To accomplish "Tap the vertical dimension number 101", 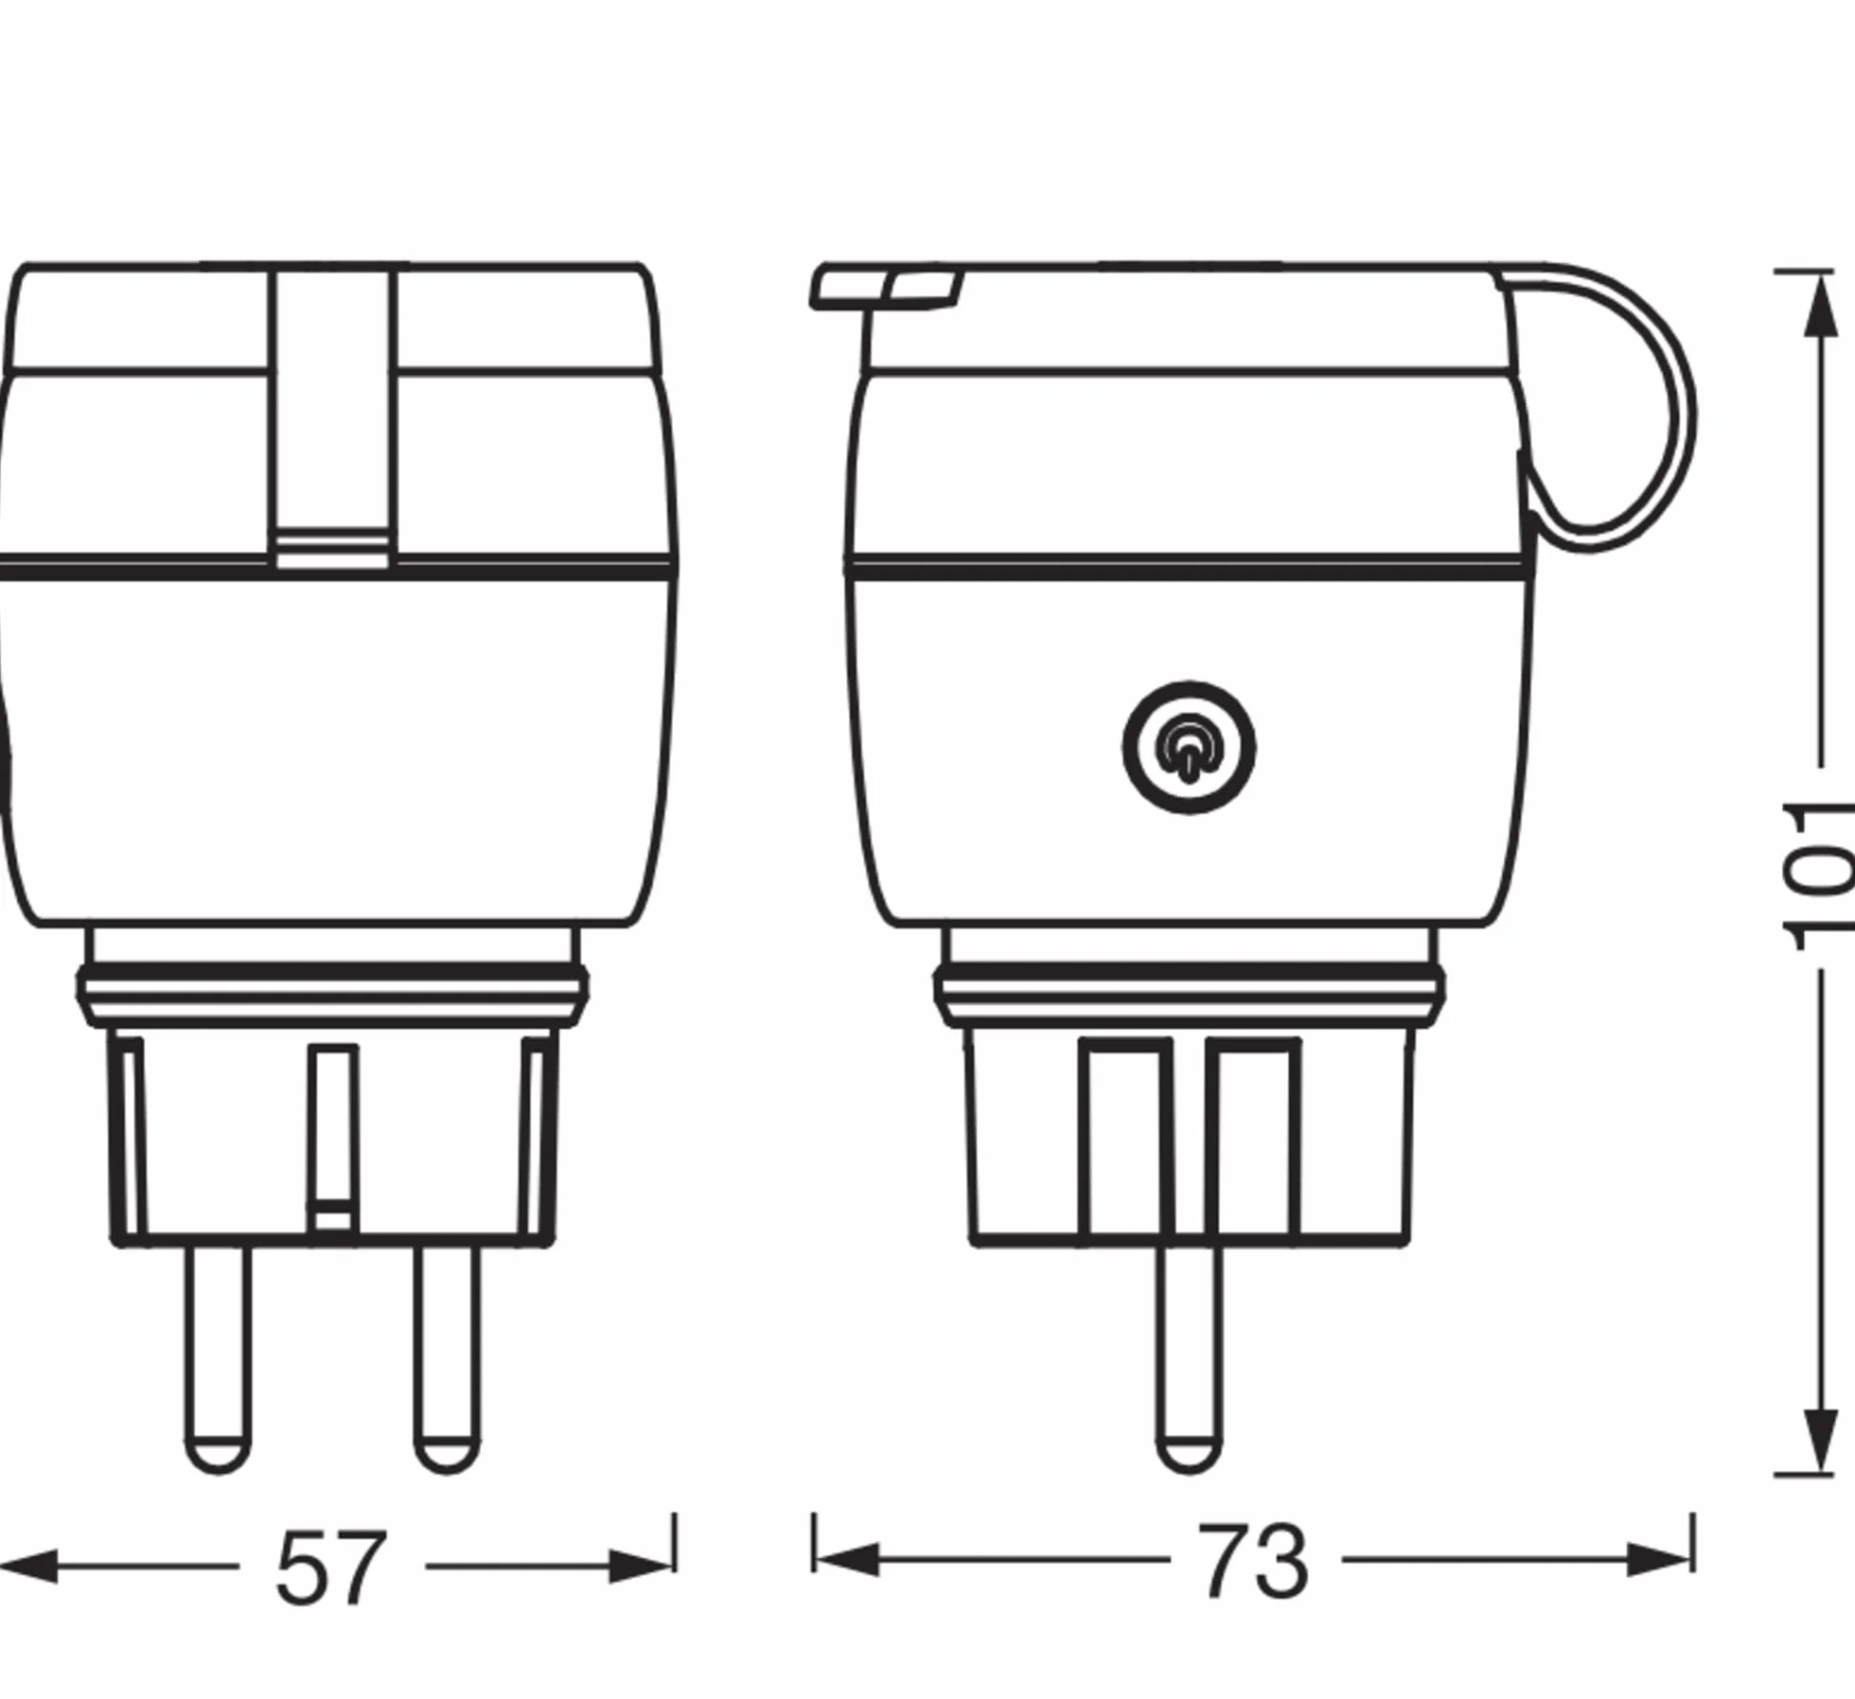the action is [1818, 876].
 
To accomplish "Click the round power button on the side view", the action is [1189, 748].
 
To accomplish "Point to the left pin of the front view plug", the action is [219, 1358].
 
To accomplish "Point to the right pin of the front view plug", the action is [447, 1358].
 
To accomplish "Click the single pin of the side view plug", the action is [1189, 1358].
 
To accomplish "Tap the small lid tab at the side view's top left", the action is [886, 288].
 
